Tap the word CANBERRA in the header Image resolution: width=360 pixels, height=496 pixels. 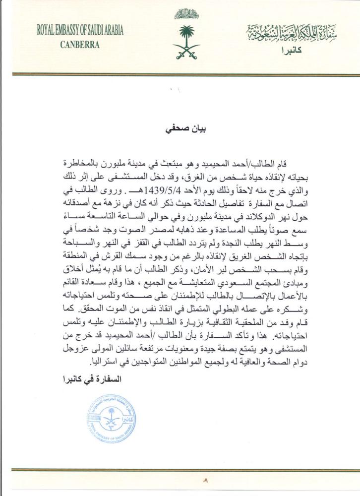pyautogui.click(x=80, y=44)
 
